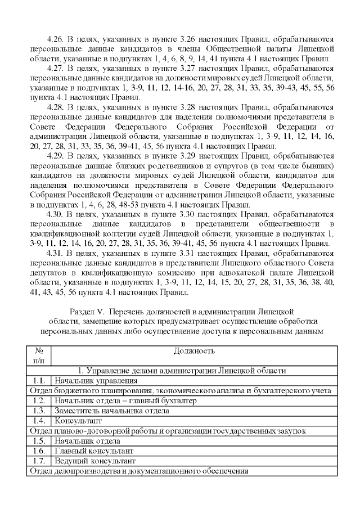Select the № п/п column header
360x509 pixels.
click(39, 355)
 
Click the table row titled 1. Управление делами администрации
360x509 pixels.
click(182, 371)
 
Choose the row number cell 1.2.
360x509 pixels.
click(39, 400)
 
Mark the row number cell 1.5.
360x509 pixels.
click(39, 441)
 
